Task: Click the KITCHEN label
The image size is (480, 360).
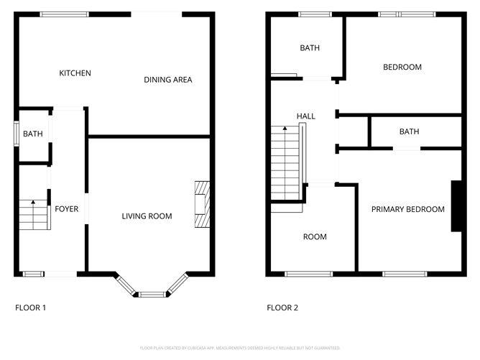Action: (75, 73)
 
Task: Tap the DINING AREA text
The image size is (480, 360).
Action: (167, 80)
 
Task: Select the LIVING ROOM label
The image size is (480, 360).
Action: (147, 216)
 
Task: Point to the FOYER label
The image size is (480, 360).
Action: (66, 209)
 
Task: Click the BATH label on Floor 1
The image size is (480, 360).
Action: (32, 134)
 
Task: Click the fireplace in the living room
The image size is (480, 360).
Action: (203, 204)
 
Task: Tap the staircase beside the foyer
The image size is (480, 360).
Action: (33, 214)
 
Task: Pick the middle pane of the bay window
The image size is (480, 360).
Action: (151, 294)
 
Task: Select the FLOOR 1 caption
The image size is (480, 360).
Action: (31, 308)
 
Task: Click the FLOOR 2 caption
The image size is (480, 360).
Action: (282, 308)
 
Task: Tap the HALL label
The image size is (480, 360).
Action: (306, 116)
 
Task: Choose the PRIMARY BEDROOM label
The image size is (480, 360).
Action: (407, 209)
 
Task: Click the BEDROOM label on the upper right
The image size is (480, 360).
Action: (402, 67)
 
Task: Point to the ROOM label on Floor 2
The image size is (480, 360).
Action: (315, 236)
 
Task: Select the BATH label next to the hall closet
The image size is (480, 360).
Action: (409, 131)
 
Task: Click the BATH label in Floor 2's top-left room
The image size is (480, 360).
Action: (310, 48)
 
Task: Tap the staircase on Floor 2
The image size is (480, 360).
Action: (285, 164)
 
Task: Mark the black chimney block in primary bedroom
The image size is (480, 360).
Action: (456, 206)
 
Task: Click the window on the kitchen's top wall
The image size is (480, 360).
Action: (64, 14)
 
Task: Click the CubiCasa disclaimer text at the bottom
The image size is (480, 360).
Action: (239, 347)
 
